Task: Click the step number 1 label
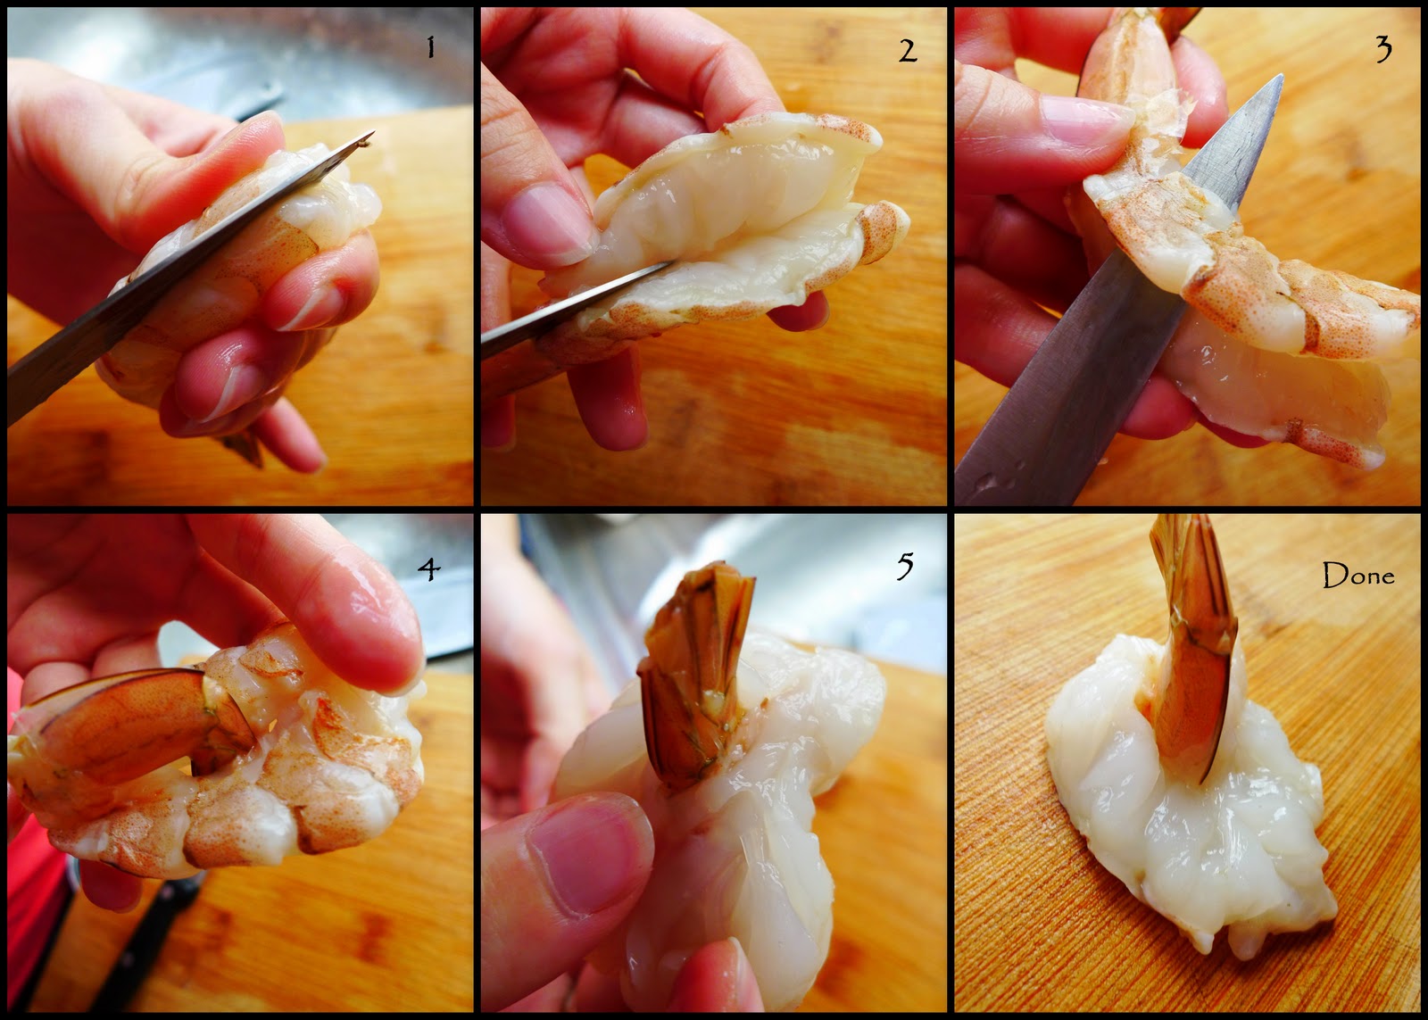point(431,46)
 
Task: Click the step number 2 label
point(908,50)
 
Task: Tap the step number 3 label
point(1383,50)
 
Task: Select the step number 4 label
point(429,568)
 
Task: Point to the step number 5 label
point(905,566)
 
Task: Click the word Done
point(1357,575)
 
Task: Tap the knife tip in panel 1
point(371,133)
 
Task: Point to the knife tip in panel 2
point(668,263)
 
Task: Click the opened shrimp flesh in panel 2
point(726,223)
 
